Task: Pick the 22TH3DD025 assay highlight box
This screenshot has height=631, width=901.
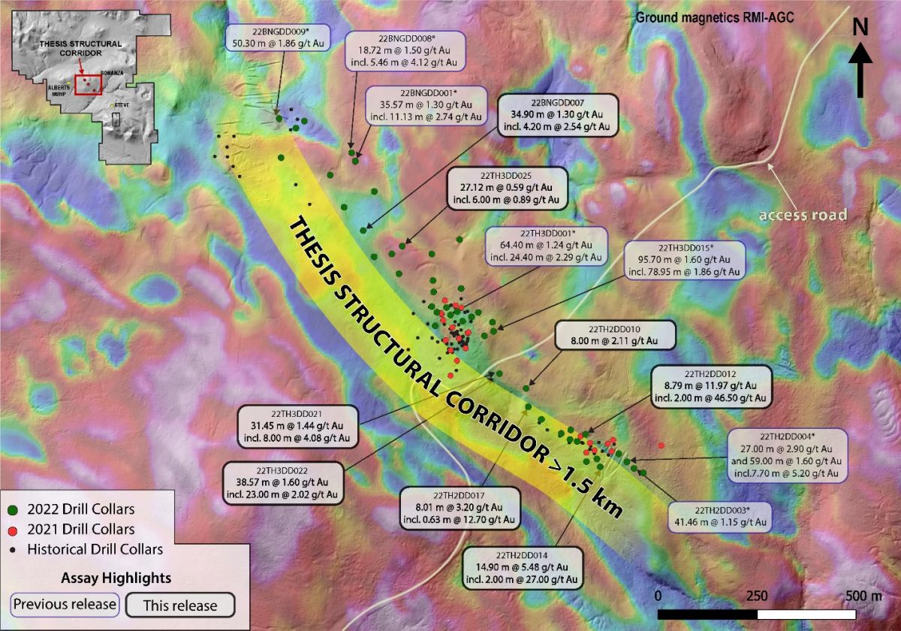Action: (506, 187)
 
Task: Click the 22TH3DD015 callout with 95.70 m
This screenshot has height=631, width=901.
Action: (682, 260)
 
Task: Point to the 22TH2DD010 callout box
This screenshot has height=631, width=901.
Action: (613, 334)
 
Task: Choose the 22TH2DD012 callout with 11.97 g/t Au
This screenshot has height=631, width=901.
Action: (710, 385)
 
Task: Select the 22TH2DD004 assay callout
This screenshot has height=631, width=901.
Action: (787, 454)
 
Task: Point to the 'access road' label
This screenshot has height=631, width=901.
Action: (803, 215)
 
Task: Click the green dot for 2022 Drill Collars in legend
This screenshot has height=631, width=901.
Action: (14, 509)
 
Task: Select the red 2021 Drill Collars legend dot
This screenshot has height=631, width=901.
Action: (14, 529)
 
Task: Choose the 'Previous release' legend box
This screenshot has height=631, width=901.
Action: (65, 605)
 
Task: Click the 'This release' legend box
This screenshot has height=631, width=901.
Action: (180, 605)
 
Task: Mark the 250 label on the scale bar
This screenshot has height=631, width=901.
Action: (756, 596)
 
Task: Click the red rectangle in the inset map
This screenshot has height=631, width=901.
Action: (88, 84)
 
